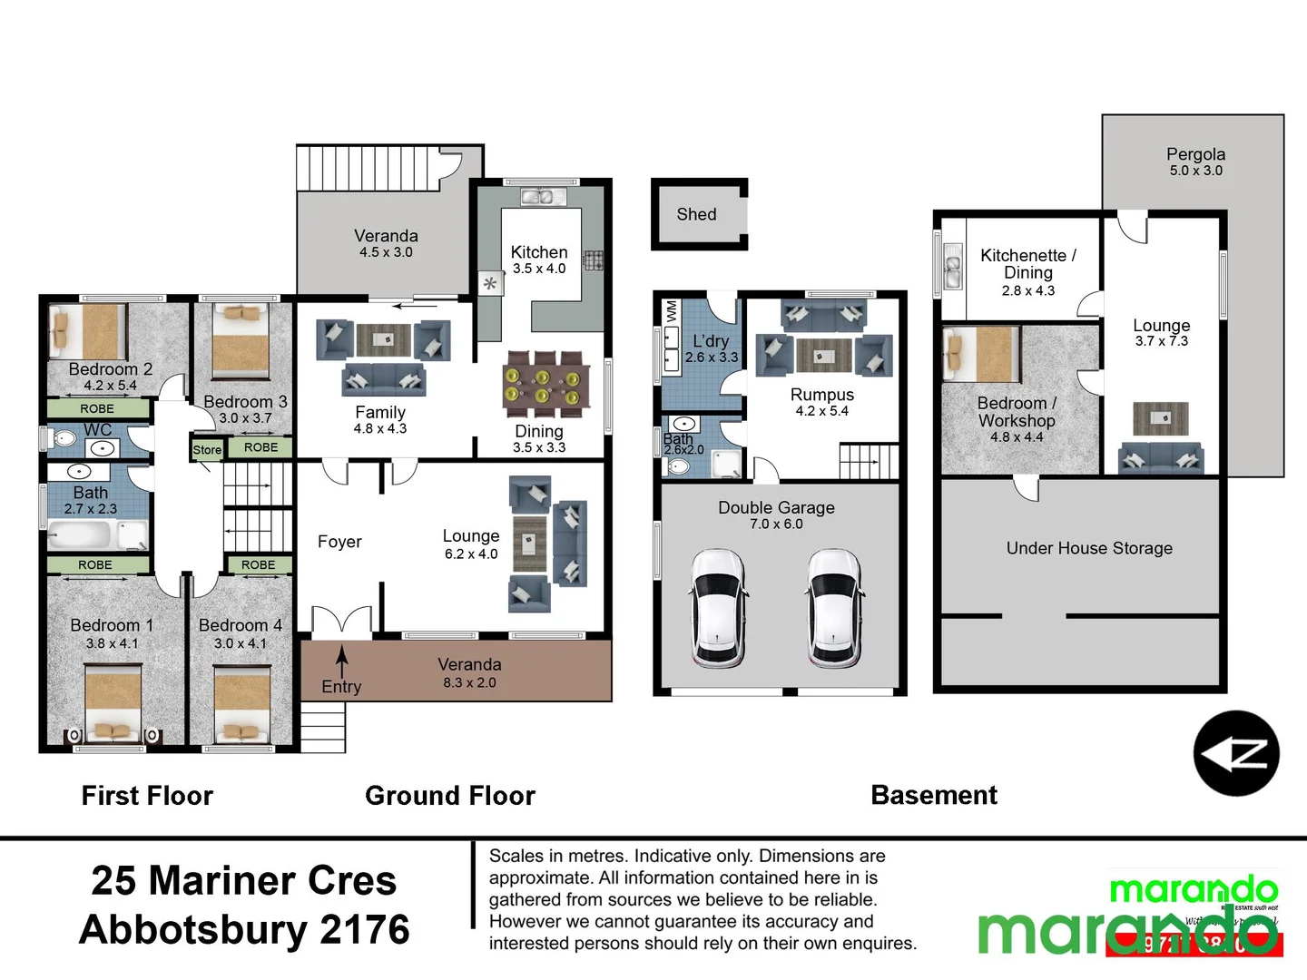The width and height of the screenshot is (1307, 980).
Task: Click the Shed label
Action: [696, 214]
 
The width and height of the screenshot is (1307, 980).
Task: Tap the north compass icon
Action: [1235, 753]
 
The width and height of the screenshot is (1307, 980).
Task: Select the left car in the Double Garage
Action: [719, 607]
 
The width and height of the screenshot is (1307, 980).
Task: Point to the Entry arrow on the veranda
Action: [342, 661]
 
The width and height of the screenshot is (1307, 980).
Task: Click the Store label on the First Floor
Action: [207, 450]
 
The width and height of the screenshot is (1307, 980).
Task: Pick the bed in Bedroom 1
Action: [113, 704]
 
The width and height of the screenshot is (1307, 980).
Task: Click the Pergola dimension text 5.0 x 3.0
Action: [1195, 171]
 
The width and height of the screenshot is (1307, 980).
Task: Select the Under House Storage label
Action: [1089, 548]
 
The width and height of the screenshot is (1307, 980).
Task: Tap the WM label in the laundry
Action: [672, 310]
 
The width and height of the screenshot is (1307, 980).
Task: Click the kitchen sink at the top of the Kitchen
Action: [543, 196]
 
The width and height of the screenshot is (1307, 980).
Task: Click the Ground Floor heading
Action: [449, 796]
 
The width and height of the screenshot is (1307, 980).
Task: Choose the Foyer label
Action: [339, 542]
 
